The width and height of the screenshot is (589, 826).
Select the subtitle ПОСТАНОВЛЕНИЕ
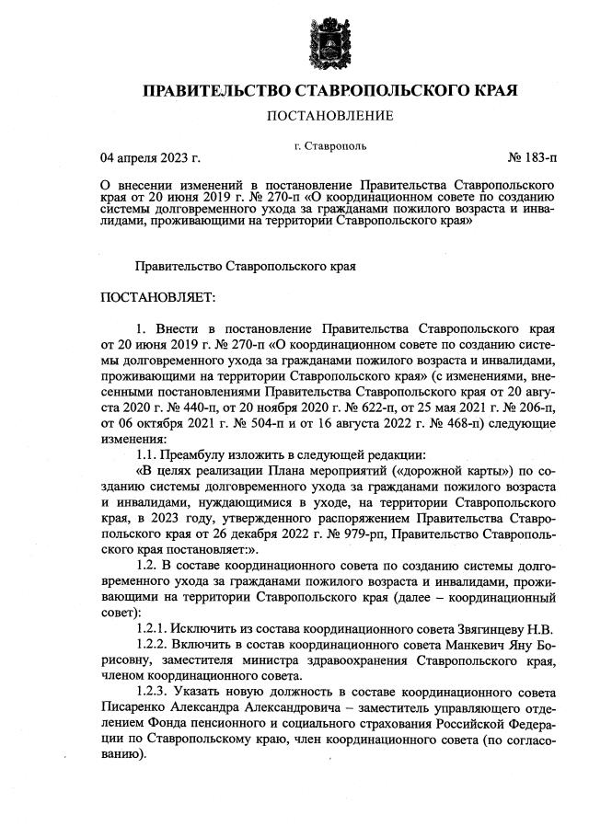[329, 116]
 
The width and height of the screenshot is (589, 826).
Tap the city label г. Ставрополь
[329, 145]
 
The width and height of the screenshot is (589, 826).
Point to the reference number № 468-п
[444, 423]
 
